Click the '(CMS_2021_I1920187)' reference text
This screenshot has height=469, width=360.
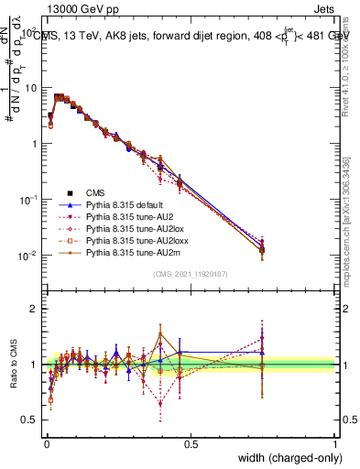coord(191,274)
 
